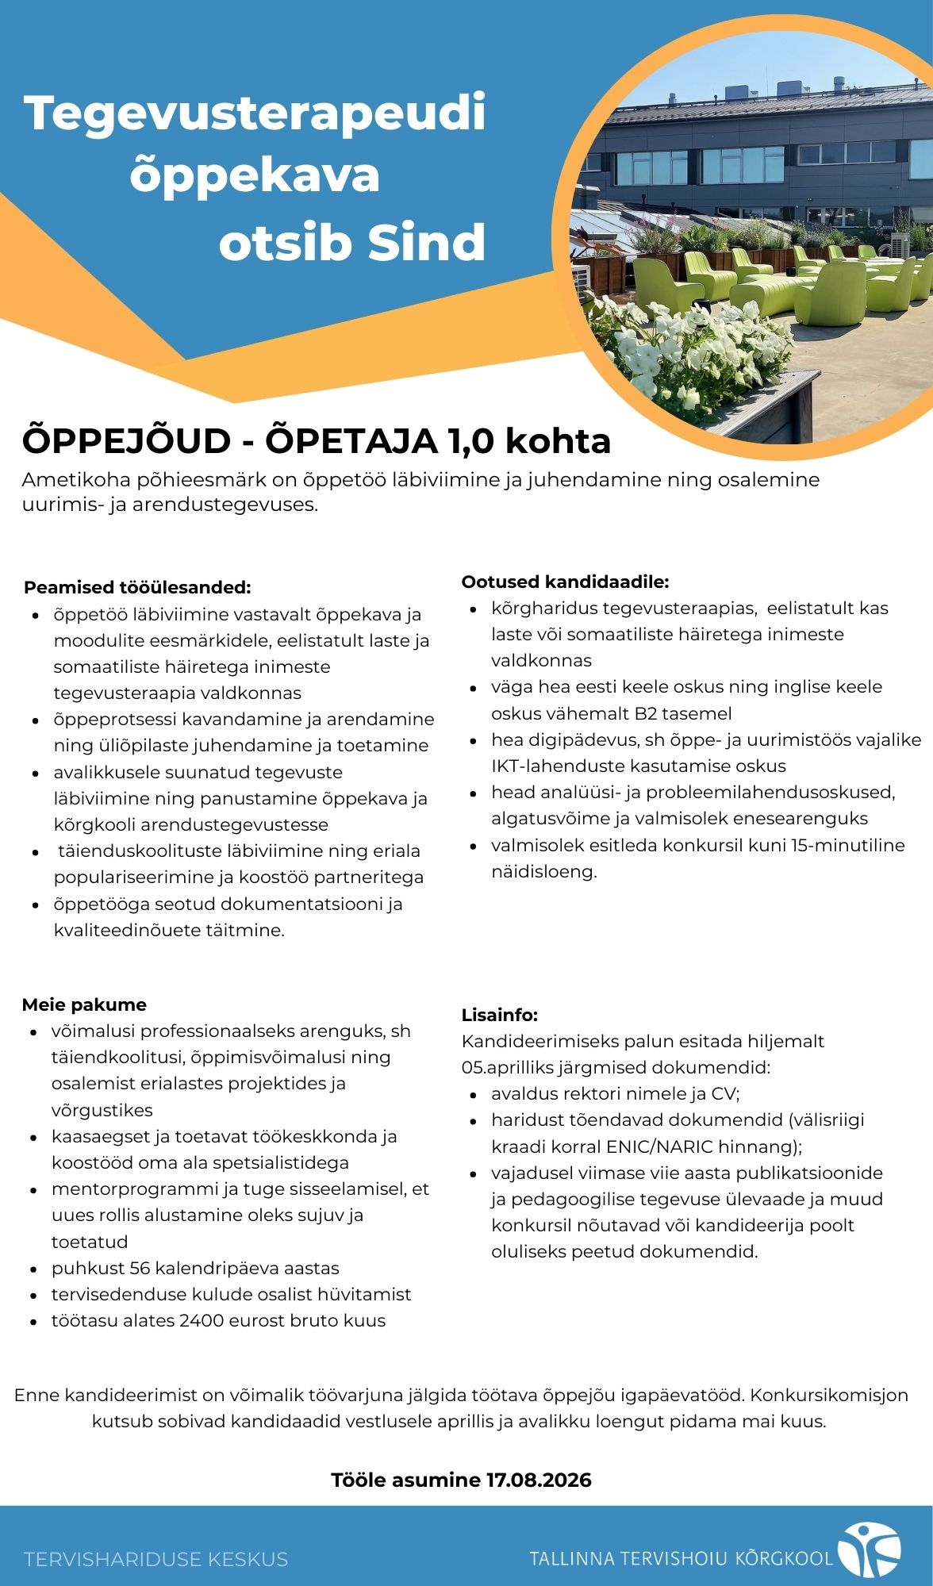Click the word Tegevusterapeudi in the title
pos(255,113)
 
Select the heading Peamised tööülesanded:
pos(137,588)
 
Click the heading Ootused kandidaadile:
pos(565,582)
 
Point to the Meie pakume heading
pos(84,1004)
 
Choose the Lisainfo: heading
pos(500,1015)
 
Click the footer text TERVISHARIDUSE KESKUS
pos(155,1559)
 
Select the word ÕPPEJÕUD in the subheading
pos(126,442)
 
